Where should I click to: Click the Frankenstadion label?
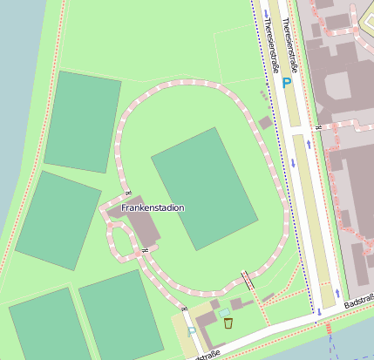pos(153,207)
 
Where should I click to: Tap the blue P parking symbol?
pos(287,83)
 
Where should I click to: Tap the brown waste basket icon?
pos(228,323)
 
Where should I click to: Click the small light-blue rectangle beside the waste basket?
pos(224,312)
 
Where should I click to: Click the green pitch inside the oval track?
pos(204,187)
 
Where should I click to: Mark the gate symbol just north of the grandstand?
pos(128,192)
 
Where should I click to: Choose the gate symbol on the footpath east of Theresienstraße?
pos(319,129)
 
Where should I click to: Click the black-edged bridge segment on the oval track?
pos(248,280)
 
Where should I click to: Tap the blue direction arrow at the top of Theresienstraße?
pos(266,13)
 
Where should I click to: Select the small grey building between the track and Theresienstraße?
pos(265,123)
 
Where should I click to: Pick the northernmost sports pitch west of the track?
pos(82,122)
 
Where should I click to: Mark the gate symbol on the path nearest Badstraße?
pos(184,309)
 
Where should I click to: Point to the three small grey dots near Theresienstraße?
pos(264,94)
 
